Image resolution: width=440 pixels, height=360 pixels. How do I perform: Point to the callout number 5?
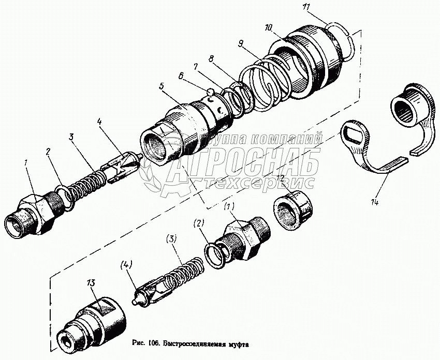(162, 86)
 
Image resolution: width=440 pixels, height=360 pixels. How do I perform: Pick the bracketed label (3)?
(172, 240)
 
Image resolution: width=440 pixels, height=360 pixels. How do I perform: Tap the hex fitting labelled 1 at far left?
(32, 215)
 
